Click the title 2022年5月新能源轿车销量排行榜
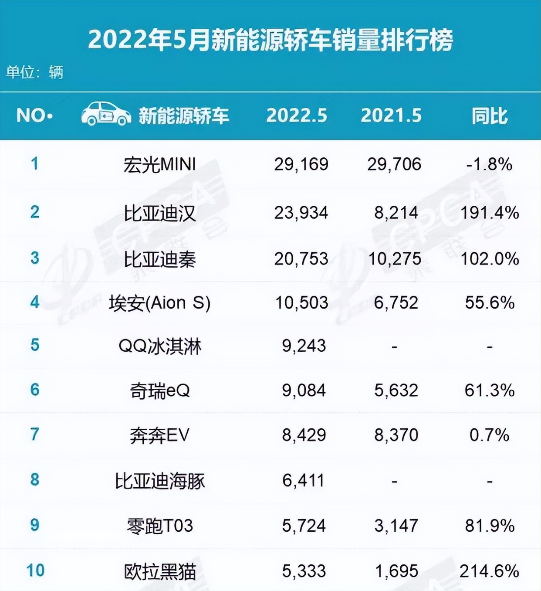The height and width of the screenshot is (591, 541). point(270,40)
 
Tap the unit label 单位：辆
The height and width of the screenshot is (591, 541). point(34,72)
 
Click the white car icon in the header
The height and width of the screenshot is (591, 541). point(106,114)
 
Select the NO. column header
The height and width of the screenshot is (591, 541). point(34,115)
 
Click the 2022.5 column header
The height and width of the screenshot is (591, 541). point(297,115)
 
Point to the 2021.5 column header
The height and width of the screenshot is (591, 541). point(391,115)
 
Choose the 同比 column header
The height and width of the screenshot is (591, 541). point(490,116)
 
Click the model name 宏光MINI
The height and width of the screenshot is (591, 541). point(159,165)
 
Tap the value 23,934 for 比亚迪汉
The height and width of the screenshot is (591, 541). point(301,213)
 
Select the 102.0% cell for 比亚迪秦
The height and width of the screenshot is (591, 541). point(490,259)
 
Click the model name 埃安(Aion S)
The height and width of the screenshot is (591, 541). point(159,303)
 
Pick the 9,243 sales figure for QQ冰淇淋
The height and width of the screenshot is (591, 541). point(304,346)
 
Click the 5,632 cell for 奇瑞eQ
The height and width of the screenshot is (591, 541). point(396,391)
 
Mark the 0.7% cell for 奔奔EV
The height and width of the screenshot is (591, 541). point(490,435)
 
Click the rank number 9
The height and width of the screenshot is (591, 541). point(35,525)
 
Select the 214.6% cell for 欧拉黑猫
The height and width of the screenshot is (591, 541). point(490,571)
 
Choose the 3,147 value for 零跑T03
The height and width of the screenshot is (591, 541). point(396,526)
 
